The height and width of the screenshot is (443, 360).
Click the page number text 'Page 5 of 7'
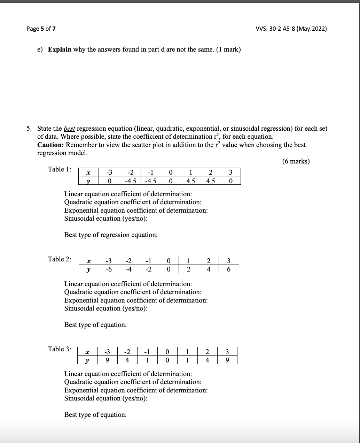[x=41, y=29]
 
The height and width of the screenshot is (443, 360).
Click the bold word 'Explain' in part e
[x=60, y=49]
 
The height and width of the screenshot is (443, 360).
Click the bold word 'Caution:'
[x=51, y=145]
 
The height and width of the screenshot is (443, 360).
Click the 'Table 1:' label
[x=60, y=169]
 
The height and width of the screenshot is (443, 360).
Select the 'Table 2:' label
[x=60, y=259]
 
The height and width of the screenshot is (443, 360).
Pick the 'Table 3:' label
[x=60, y=349]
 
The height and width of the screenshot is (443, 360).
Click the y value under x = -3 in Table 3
[x=108, y=360]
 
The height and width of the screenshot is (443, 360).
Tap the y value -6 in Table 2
[x=109, y=269]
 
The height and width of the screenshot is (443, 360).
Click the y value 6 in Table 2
[x=228, y=269]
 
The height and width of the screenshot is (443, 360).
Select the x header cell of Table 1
[x=88, y=172]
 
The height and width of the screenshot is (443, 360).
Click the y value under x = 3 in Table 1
[x=230, y=181]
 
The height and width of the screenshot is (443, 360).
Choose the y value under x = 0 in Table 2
[x=169, y=269]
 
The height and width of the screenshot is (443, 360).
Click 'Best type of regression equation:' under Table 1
[x=111, y=235]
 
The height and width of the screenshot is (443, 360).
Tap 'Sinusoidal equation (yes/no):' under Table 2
[x=106, y=308]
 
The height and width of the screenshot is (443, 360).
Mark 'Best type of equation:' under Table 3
[x=95, y=415]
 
